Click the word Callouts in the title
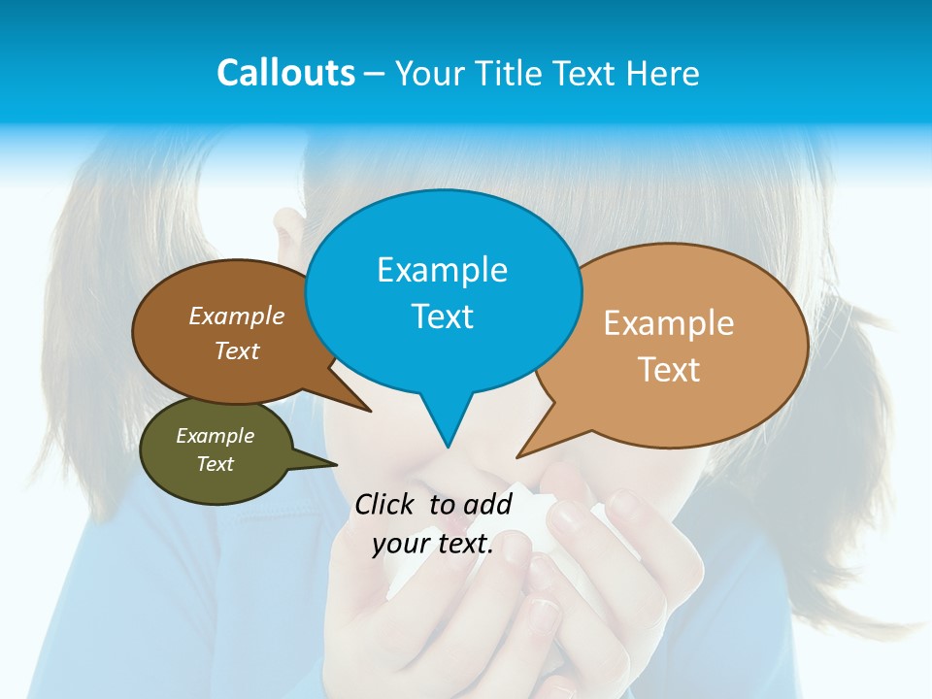[285, 73]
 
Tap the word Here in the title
[662, 73]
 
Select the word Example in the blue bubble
[442, 270]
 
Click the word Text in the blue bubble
[442, 316]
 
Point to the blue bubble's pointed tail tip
[448, 448]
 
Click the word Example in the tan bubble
[669, 323]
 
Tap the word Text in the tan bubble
[669, 370]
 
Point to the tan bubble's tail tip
[517, 457]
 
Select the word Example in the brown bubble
[237, 316]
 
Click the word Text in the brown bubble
[237, 351]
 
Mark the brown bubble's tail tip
[371, 412]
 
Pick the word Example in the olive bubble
[215, 436]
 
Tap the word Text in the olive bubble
[215, 464]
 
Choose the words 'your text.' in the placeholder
[433, 545]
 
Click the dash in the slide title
[376, 74]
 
